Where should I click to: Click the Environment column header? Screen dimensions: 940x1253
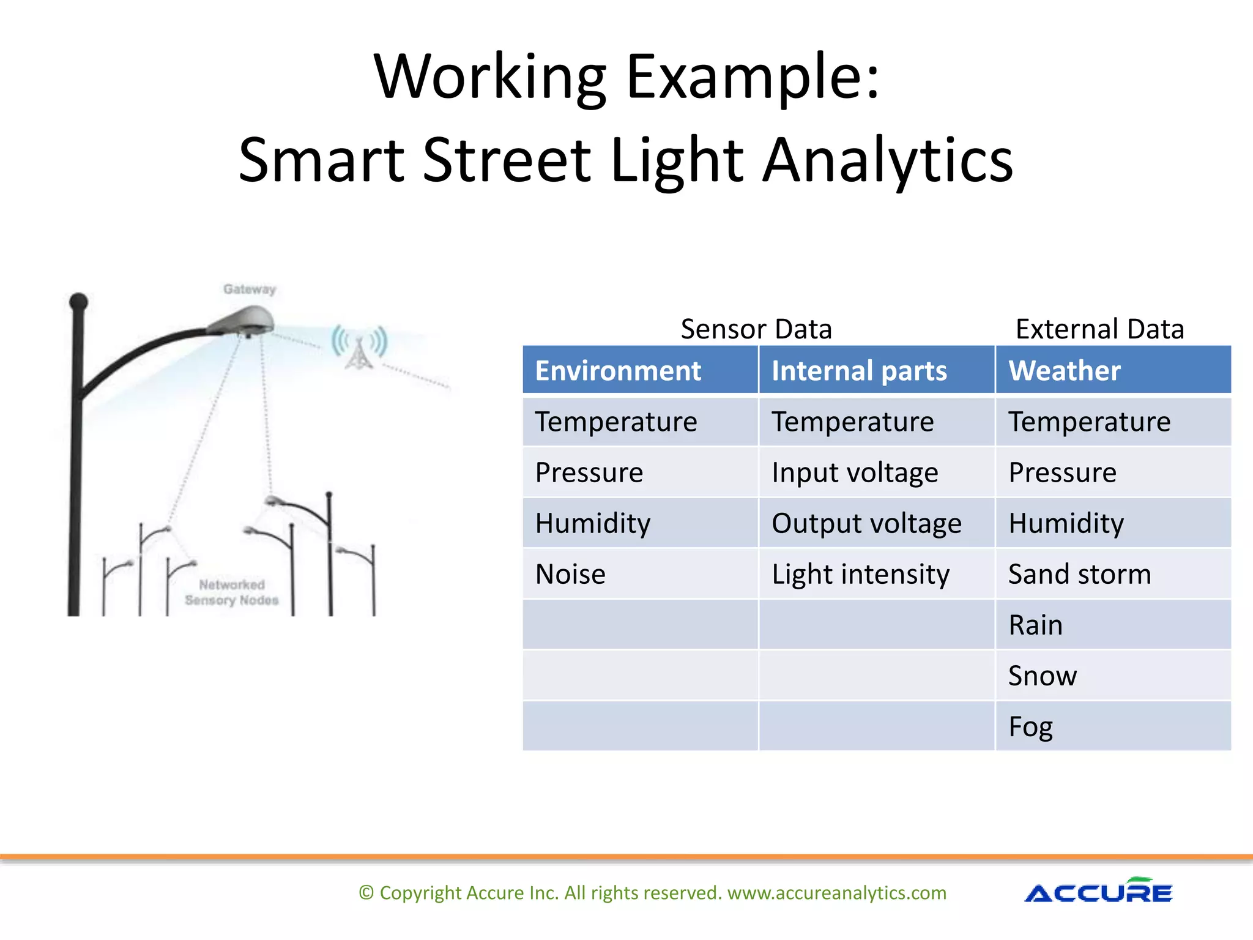618,371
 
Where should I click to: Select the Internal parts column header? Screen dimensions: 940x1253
859,371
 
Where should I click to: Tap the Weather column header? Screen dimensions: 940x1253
1065,371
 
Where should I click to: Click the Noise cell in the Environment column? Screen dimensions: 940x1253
570,574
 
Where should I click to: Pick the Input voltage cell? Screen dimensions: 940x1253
855,472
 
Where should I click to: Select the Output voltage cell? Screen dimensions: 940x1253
866,523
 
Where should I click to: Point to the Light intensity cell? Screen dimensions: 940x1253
860,574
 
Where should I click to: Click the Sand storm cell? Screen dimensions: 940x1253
1079,574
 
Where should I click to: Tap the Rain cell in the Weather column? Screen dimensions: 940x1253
1035,625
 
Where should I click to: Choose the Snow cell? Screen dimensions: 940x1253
1042,676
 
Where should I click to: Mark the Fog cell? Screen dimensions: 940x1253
1030,727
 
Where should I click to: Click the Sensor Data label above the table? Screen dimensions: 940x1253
756,329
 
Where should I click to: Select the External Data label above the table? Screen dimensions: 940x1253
1099,329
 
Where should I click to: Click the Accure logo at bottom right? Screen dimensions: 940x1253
1098,892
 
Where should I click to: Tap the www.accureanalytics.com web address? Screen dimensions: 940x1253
836,893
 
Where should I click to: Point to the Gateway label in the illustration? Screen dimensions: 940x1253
250,289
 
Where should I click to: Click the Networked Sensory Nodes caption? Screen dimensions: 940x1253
232,592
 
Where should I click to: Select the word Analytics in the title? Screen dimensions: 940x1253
887,160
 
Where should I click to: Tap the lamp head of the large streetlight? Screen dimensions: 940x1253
242,322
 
